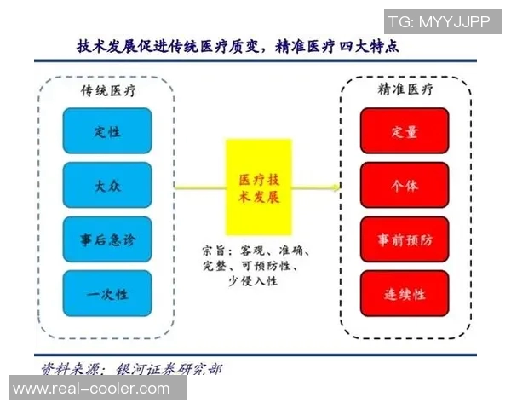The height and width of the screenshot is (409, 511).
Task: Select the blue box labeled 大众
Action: tap(107, 185)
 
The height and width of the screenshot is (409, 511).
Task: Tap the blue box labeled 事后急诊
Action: tap(107, 239)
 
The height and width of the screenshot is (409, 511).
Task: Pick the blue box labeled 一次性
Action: tap(107, 294)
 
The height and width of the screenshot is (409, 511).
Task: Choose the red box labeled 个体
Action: tap(405, 185)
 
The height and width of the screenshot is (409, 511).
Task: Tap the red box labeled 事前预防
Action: tap(405, 239)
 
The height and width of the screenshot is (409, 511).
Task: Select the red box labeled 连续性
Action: tap(405, 294)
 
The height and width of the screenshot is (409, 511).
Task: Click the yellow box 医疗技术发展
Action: tap(258, 187)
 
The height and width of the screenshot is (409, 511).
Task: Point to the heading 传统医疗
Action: tap(107, 89)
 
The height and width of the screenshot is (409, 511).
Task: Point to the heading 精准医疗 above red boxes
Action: tap(405, 89)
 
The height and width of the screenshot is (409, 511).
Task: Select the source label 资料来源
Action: tap(70, 369)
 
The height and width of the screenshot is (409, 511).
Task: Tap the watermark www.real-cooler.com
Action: tap(92, 389)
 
